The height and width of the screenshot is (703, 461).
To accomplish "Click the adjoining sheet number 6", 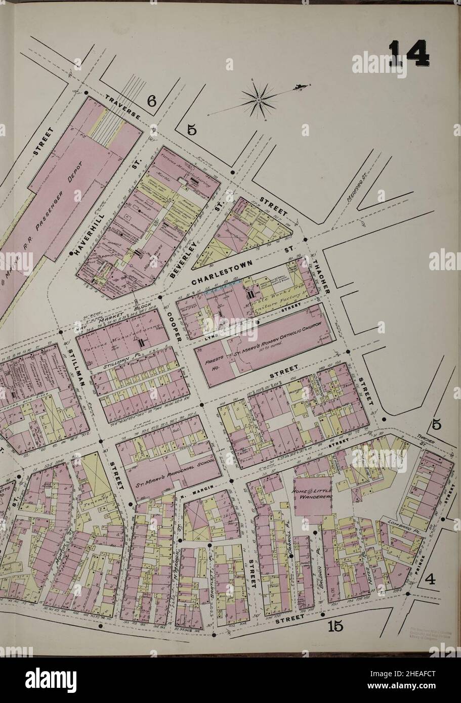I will pyautogui.click(x=151, y=102).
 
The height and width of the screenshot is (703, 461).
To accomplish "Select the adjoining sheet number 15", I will pyautogui.click(x=335, y=626).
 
